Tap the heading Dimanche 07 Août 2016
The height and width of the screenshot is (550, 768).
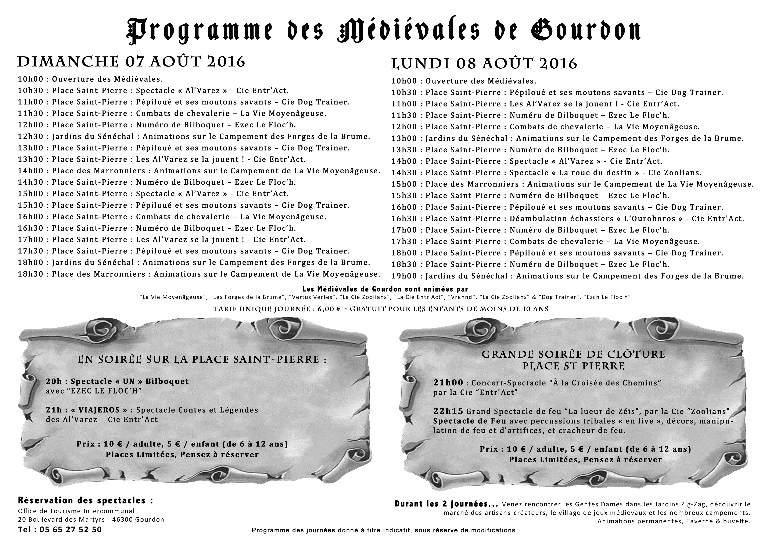pyautogui.click(x=131, y=62)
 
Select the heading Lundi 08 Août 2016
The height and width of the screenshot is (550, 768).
pyautogui.click(x=484, y=64)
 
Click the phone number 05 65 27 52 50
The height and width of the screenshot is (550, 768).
pyautogui.click(x=71, y=529)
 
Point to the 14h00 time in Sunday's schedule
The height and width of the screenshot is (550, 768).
pyautogui.click(x=31, y=171)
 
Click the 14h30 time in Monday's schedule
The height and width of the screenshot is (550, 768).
pyautogui.click(x=404, y=173)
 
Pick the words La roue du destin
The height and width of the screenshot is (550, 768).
pyautogui.click(x=595, y=173)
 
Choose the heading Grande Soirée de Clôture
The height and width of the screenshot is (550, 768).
pyautogui.click(x=573, y=354)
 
